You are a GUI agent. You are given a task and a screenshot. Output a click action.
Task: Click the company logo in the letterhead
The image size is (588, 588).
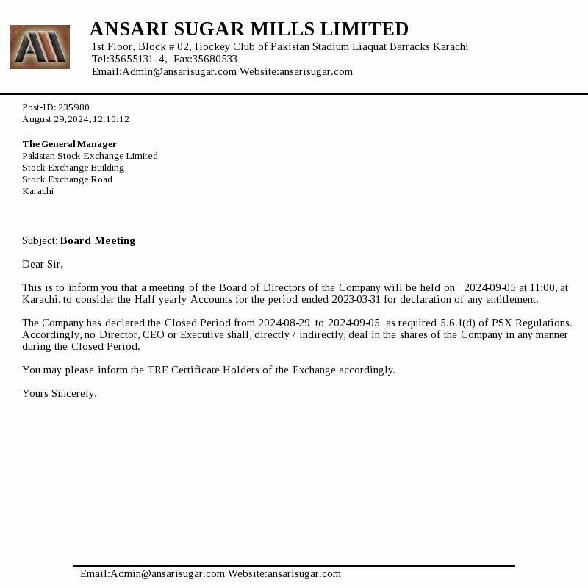click(40, 47)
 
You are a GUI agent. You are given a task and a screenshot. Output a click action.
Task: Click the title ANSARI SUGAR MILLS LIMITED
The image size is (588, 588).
click(248, 29)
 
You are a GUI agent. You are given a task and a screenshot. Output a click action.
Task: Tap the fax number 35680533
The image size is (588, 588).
click(215, 59)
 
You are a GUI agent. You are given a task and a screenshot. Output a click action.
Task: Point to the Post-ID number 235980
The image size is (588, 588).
click(73, 107)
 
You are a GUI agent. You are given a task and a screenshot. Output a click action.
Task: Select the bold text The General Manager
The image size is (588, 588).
click(69, 144)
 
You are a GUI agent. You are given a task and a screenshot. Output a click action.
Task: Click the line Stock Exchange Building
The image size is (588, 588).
click(73, 168)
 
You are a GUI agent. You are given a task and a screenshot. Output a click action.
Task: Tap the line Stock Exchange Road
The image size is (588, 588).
click(67, 179)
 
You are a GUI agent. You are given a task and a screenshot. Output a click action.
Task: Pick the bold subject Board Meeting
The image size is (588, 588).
click(98, 240)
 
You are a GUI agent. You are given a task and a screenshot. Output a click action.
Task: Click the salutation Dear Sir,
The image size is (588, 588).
click(43, 264)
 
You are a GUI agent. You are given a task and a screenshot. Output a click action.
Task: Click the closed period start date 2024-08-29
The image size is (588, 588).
click(284, 323)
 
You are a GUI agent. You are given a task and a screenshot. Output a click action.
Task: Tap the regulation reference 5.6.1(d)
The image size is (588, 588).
click(459, 323)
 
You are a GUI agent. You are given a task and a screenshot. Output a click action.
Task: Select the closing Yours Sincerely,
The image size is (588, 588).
click(60, 393)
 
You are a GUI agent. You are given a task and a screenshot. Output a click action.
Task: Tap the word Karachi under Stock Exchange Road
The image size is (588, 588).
click(37, 191)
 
